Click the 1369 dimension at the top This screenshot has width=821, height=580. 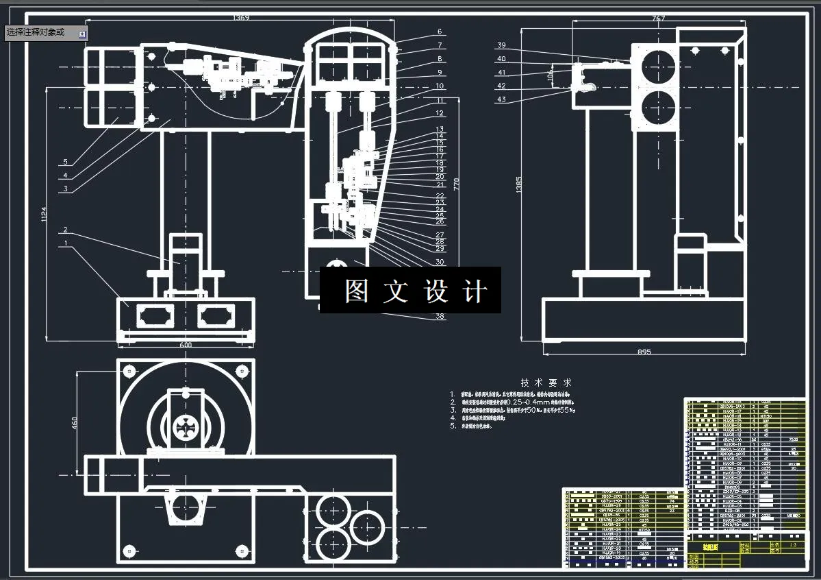(240, 17)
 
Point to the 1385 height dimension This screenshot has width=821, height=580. (519, 183)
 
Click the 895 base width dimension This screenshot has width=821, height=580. (643, 352)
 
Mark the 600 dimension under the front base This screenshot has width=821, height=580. (186, 346)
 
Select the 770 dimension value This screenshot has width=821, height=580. (457, 183)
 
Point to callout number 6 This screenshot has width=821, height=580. (440, 32)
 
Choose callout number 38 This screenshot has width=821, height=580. (440, 317)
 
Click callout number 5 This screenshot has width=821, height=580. (66, 162)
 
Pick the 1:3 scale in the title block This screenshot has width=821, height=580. (792, 544)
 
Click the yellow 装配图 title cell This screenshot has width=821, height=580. (698, 547)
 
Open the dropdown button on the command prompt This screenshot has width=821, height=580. (82, 33)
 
